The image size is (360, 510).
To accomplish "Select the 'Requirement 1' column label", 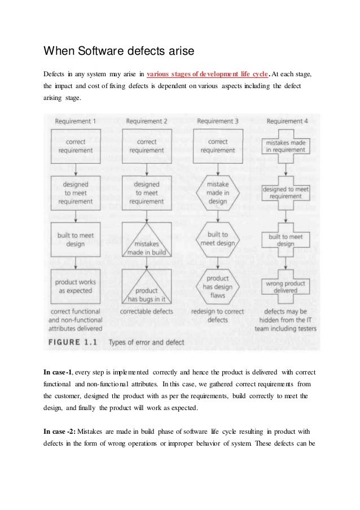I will click(76, 120).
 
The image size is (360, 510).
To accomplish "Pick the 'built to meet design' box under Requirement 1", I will click(76, 239).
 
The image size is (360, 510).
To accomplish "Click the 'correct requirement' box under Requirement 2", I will click(147, 146).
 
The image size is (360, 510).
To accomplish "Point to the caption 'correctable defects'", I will click(147, 312).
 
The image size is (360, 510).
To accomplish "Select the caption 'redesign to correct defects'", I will click(217, 316).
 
